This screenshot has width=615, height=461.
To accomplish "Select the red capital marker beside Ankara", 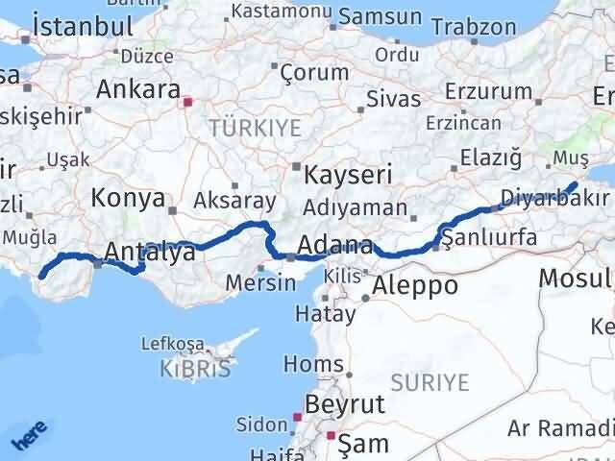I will point(188,99).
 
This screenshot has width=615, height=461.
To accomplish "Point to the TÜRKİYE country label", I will point(256,128).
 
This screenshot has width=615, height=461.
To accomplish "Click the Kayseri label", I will point(347,175).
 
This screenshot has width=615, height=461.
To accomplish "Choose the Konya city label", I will point(128,199).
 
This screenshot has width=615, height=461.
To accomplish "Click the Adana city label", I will point(335,245).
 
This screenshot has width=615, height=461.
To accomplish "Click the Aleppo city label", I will point(414,285).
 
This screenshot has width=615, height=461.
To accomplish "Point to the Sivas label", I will point(394,99).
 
